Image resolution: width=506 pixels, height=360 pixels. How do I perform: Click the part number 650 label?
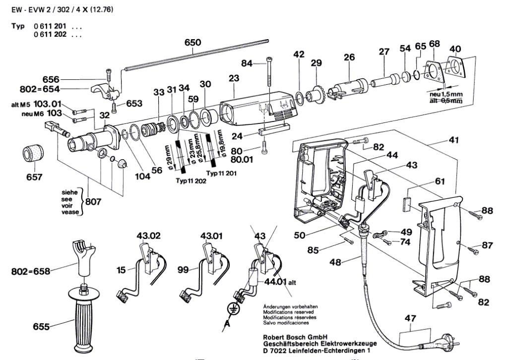[192, 43]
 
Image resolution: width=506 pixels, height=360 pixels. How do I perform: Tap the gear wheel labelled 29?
[316, 94]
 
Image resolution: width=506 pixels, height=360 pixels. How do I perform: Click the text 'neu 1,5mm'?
[443, 93]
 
